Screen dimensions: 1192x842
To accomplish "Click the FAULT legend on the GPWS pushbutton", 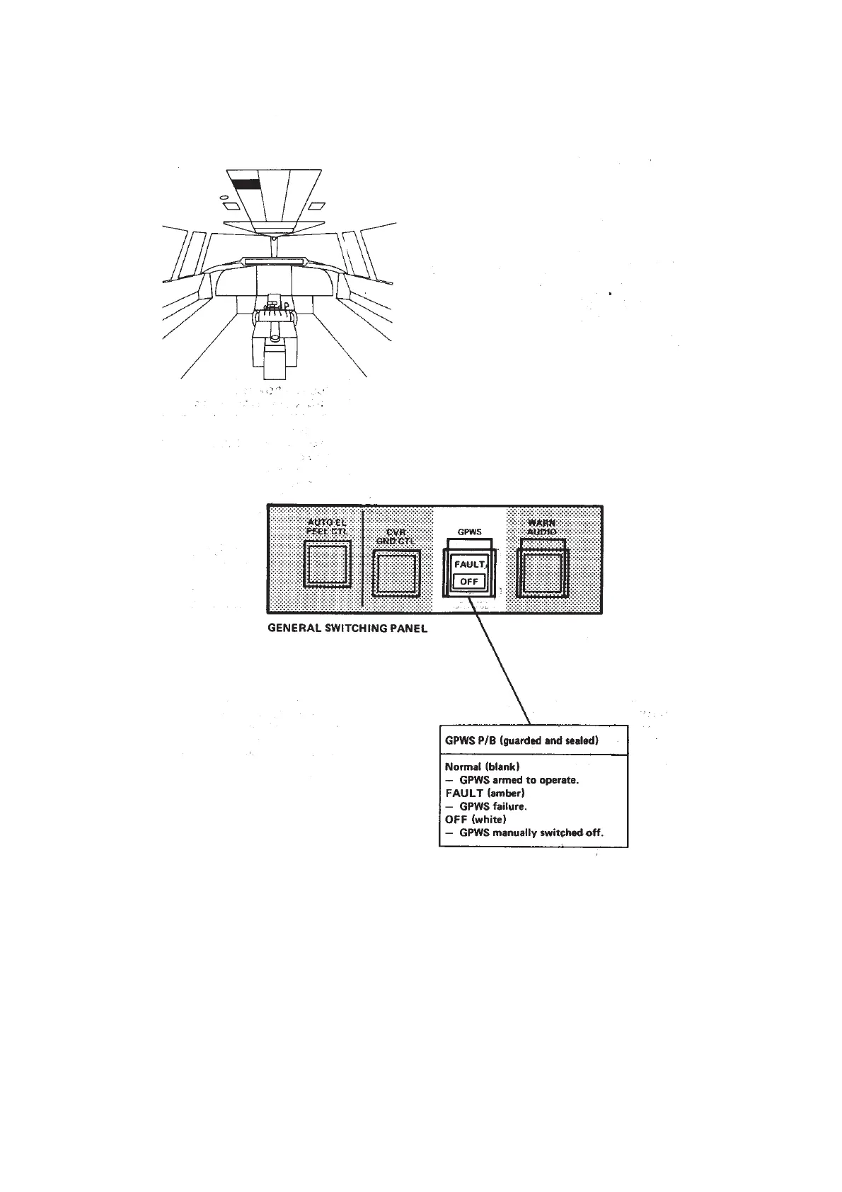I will (469, 565).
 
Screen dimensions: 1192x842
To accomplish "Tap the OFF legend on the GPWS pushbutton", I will (469, 582).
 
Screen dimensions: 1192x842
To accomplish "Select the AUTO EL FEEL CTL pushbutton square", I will (327, 564).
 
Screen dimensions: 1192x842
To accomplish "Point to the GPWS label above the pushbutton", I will (470, 532).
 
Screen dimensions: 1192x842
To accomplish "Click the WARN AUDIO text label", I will (543, 527).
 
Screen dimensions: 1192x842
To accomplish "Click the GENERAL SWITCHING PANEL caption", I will (347, 628).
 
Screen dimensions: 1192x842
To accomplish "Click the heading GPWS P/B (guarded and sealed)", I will (521, 741).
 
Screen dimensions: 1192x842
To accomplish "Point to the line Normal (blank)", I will (483, 767).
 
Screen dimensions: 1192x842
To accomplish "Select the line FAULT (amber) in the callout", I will (485, 793).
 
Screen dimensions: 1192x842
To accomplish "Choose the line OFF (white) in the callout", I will (475, 819).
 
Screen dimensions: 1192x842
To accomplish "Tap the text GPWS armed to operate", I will (519, 780).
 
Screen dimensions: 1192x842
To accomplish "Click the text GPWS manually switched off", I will (531, 832).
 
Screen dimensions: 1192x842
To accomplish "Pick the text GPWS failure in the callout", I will (492, 806).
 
